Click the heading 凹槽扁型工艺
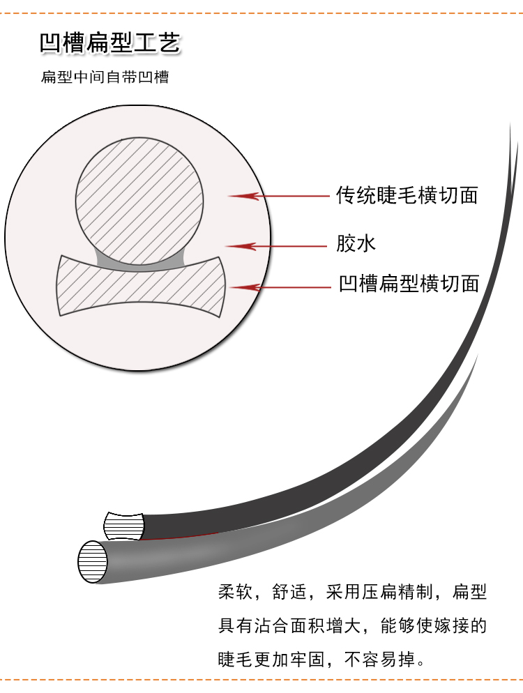coord(110,43)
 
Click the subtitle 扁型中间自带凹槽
coord(105,77)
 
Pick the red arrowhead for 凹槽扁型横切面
coord(241,286)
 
